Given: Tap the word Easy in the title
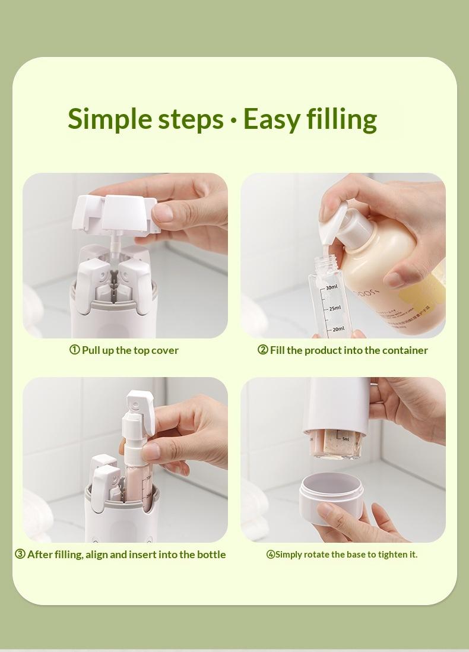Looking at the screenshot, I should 271,119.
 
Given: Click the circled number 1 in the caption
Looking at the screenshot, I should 75,350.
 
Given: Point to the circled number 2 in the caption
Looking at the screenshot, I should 262,350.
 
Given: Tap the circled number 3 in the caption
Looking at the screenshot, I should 20,554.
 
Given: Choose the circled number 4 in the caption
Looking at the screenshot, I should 270,555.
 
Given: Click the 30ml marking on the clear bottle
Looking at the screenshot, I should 331,287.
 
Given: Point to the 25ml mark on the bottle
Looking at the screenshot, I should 334,308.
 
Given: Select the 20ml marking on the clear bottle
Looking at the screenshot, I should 337,329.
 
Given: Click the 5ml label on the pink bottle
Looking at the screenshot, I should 346,439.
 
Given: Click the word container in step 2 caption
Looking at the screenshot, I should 405,350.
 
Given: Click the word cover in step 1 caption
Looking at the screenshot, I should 165,350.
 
